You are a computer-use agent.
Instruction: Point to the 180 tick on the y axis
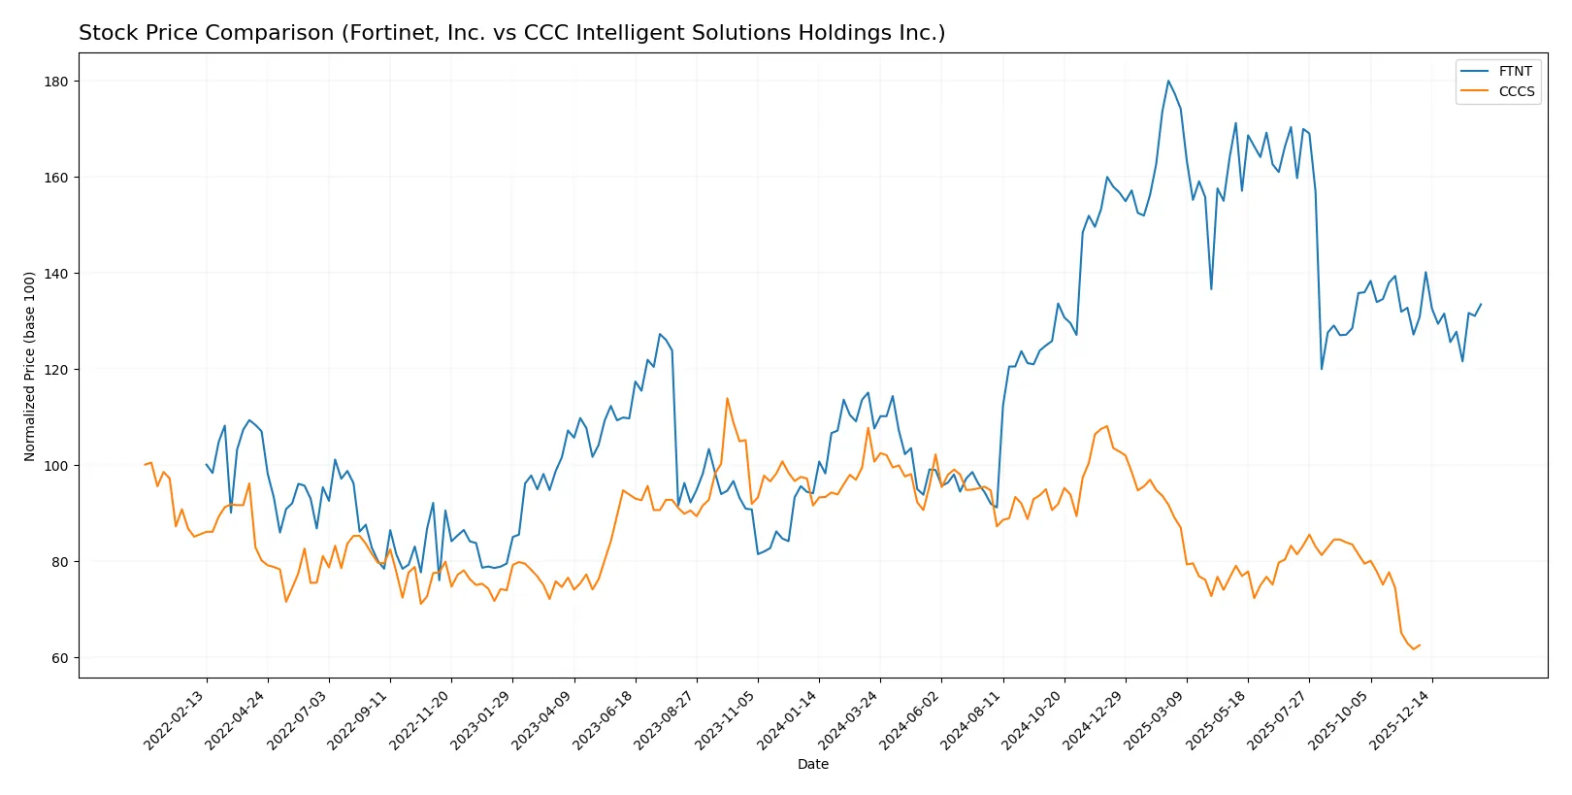[56, 82]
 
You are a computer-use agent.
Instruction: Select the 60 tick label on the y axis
[59, 658]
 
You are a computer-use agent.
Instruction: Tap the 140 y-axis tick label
[56, 274]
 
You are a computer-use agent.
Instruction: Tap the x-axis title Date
[812, 764]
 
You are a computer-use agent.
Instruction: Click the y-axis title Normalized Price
[29, 366]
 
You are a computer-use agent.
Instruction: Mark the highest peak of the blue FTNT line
[1168, 81]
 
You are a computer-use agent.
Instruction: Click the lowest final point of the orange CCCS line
[1414, 648]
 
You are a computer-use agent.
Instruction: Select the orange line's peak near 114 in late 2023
[727, 398]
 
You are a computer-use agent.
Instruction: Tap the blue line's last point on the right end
[1481, 304]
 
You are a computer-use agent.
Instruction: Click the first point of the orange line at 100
[146, 465]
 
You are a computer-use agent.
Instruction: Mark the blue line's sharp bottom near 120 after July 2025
[1322, 369]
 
